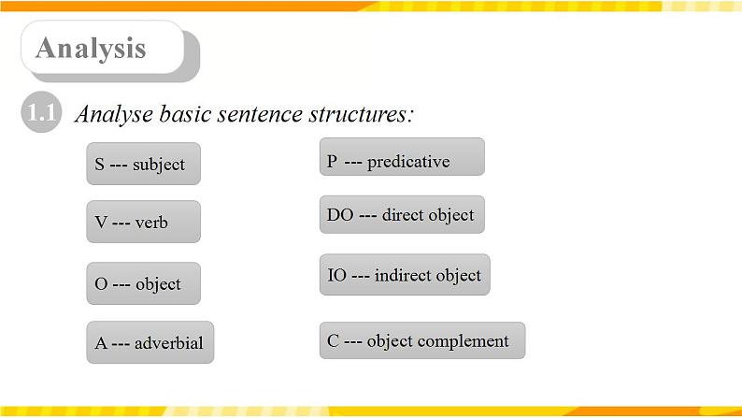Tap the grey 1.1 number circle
tap(40, 115)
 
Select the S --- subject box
tap(142, 164)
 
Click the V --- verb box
tap(142, 222)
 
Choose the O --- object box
tap(142, 283)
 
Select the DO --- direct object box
tap(401, 215)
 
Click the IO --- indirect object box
tap(404, 275)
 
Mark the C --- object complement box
tap(421, 340)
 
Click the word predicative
tap(408, 161)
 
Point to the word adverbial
tap(169, 342)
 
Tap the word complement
tap(464, 341)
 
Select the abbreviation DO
tap(339, 215)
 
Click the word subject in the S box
tap(159, 165)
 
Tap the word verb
tap(151, 223)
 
